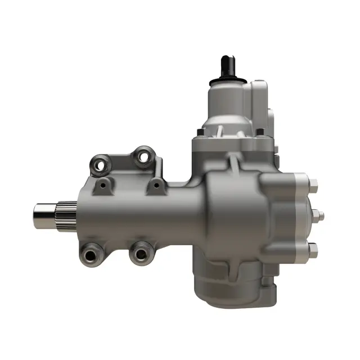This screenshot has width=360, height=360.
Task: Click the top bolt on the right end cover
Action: [313, 183]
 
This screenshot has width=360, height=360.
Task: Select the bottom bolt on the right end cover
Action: [313, 248]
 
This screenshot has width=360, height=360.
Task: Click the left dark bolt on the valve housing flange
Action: [200, 134]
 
